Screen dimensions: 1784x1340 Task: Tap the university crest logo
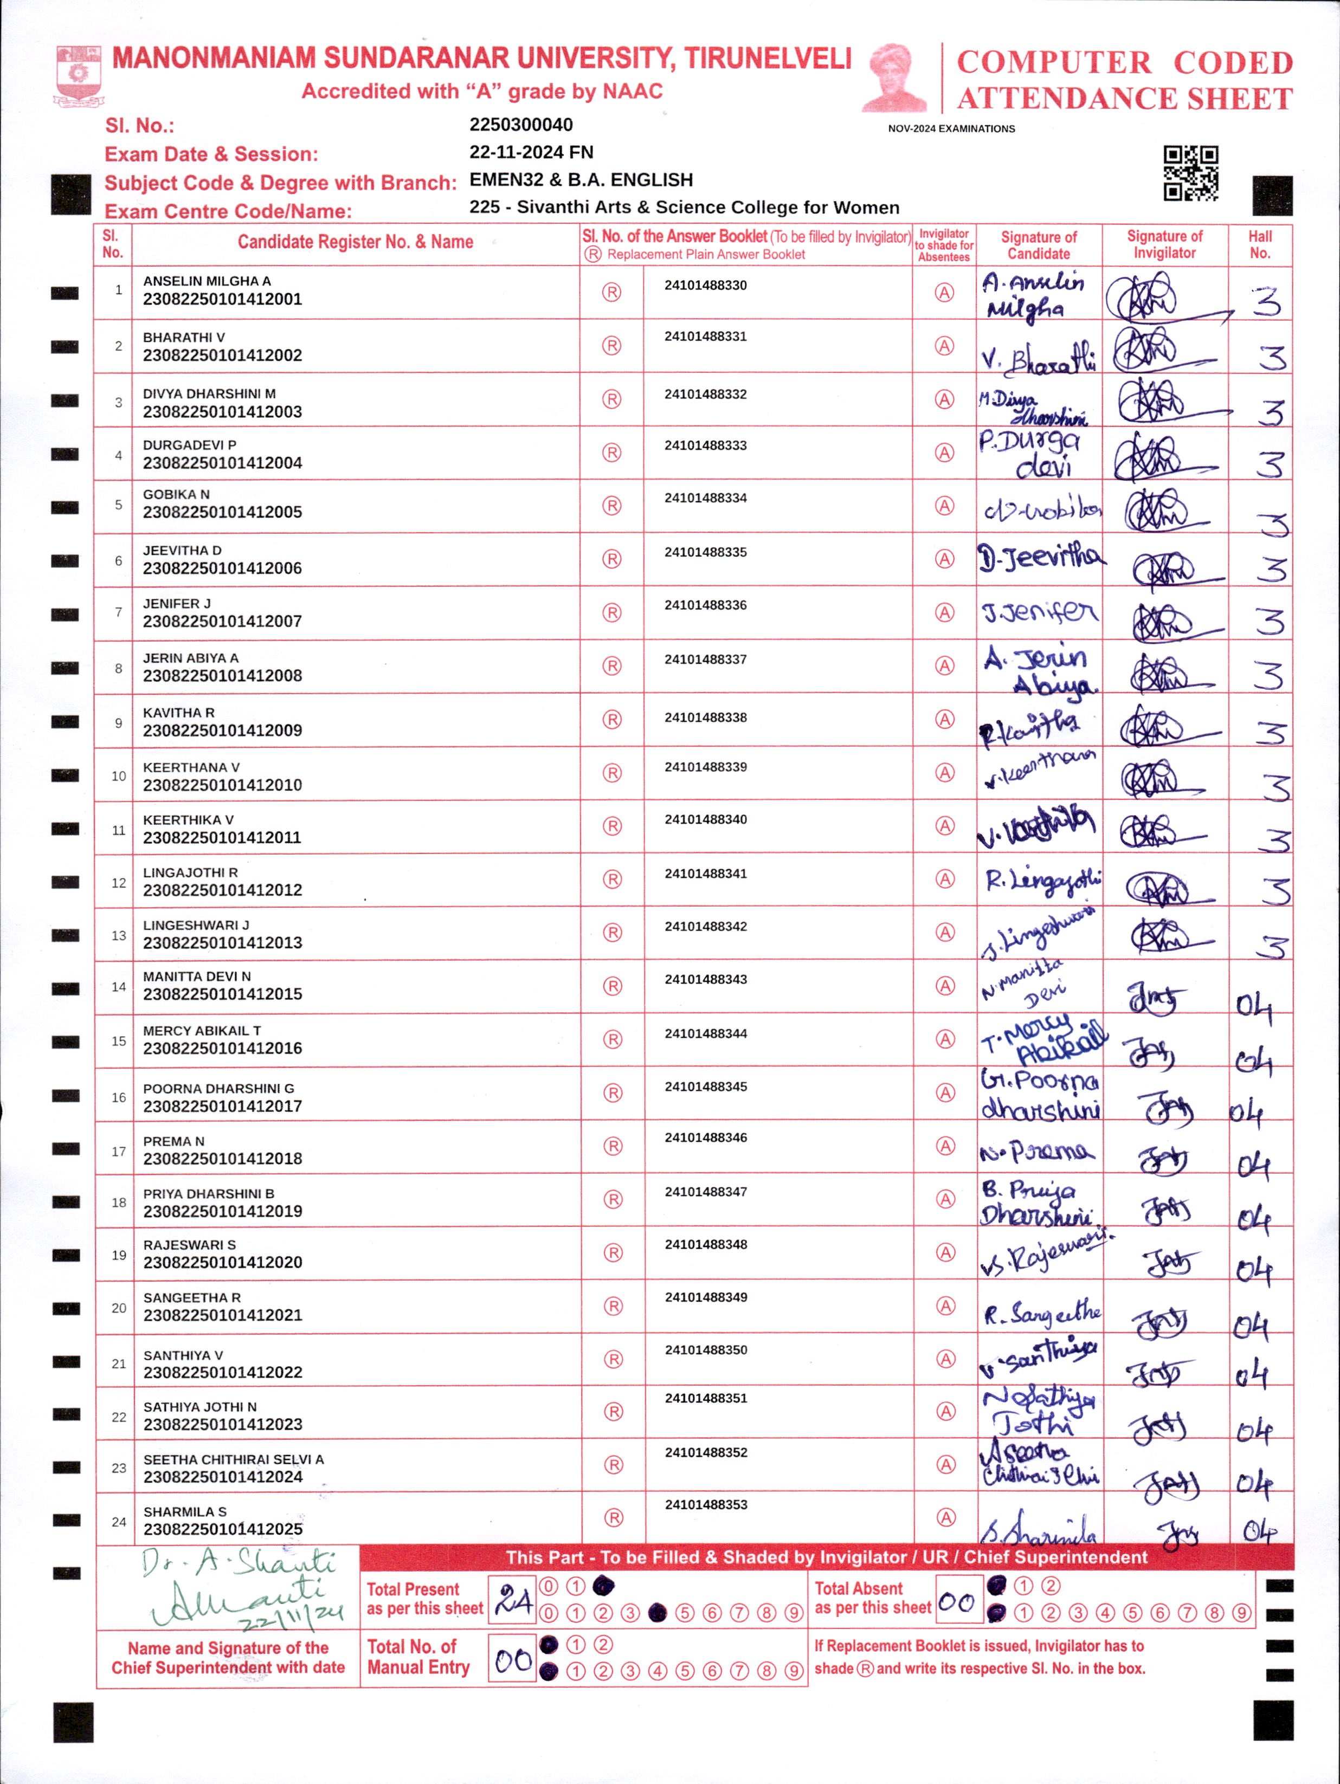coord(78,76)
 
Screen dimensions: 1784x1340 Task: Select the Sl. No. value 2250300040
coord(520,125)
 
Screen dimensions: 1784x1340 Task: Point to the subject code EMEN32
coord(506,180)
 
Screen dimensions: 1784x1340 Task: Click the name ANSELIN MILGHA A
coord(207,281)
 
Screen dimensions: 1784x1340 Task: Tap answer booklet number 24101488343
coord(705,979)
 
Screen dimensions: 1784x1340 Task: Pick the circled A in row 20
coord(945,1305)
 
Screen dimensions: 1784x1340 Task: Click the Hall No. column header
coord(1259,244)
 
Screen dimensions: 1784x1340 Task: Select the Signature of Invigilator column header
coord(1164,244)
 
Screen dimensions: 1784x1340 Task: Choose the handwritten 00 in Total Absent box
coord(957,1602)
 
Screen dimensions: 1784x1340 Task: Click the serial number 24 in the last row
coord(119,1521)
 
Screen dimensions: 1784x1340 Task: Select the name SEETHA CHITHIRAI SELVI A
coord(233,1459)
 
